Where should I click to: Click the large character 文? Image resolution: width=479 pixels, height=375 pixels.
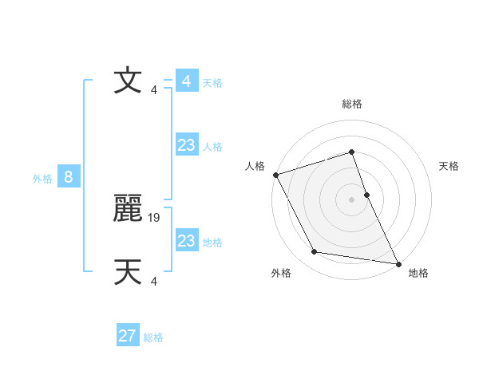(x=127, y=81)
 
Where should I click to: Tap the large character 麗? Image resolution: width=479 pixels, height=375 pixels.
(x=128, y=210)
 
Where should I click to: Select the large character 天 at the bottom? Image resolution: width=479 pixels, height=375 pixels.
(x=128, y=272)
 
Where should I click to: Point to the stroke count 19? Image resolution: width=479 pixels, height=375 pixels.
(x=155, y=216)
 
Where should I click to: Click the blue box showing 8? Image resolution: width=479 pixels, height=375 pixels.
(x=69, y=177)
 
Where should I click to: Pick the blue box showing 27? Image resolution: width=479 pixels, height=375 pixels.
(x=128, y=336)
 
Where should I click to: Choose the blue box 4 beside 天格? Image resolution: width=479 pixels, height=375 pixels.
(x=187, y=81)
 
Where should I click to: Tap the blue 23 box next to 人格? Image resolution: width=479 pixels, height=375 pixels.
(x=187, y=145)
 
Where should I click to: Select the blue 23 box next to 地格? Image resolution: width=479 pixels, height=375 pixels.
(x=187, y=241)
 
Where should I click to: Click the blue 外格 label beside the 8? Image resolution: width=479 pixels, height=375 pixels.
(x=42, y=179)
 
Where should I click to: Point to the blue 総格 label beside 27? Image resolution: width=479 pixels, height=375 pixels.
(x=153, y=337)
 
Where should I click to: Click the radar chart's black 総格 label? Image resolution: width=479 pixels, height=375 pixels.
(x=352, y=104)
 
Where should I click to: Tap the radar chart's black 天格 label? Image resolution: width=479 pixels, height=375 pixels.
(x=449, y=166)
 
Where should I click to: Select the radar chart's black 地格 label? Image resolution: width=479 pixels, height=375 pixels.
(x=418, y=273)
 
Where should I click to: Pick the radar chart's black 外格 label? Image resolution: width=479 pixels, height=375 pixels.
(x=281, y=273)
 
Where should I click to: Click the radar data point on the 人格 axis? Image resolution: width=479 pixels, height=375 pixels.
(x=275, y=175)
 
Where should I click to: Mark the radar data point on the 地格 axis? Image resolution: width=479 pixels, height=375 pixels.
(x=398, y=263)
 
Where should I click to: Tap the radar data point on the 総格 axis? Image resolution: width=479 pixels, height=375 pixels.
(x=352, y=152)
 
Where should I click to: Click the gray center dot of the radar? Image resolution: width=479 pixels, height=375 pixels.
(x=352, y=199)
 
